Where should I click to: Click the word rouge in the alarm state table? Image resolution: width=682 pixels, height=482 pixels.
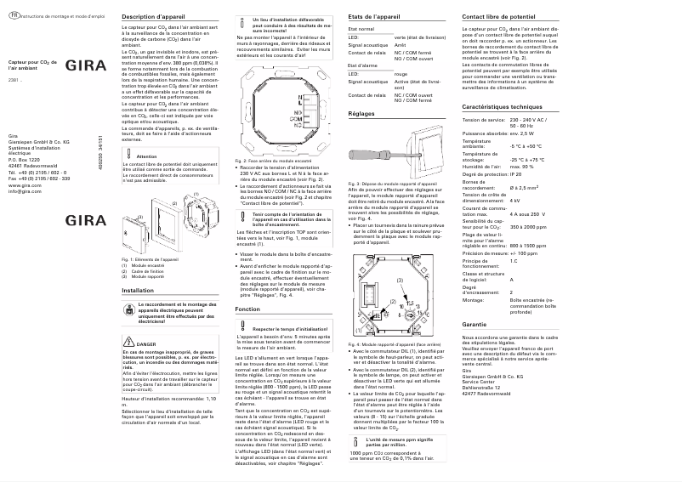399,97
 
